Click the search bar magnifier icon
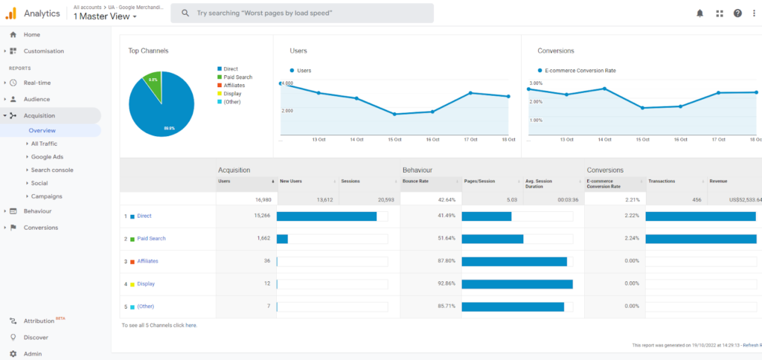185,13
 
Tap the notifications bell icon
699,13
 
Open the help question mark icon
737,13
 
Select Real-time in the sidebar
36,83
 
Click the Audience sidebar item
36,99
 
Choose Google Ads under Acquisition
47,157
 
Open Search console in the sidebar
51,170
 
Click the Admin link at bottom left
32,354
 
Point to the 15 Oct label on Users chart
394,139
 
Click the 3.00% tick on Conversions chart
536,83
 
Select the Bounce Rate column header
415,181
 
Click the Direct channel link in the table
144,216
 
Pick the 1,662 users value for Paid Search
260,239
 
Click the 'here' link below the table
190,325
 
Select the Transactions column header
662,181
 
